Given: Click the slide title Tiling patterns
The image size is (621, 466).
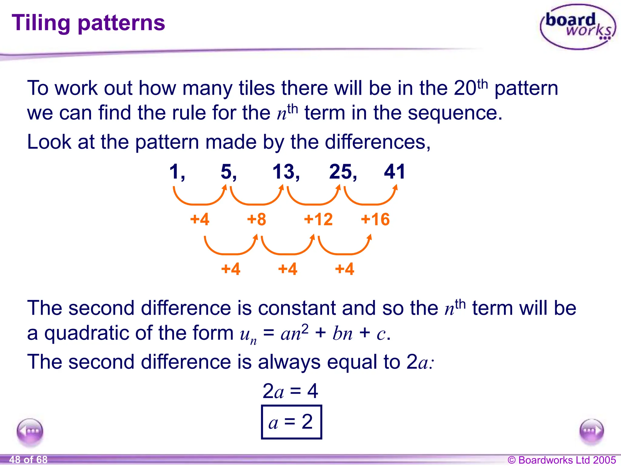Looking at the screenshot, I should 88,23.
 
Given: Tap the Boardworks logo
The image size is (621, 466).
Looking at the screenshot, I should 578,27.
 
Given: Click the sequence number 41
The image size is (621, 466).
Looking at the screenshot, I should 394,172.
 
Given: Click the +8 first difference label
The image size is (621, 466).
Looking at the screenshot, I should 257,219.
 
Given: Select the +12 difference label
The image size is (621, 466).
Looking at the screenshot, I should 318,219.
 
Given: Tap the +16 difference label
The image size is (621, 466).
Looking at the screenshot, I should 375,219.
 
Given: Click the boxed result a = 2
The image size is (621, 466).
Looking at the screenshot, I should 291,422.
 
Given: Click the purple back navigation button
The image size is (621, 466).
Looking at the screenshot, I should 30,431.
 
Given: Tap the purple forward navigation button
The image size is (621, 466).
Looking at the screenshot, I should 591,431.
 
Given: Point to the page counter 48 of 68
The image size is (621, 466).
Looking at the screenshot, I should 28,460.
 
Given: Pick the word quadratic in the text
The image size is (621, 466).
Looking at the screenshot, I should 87,333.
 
